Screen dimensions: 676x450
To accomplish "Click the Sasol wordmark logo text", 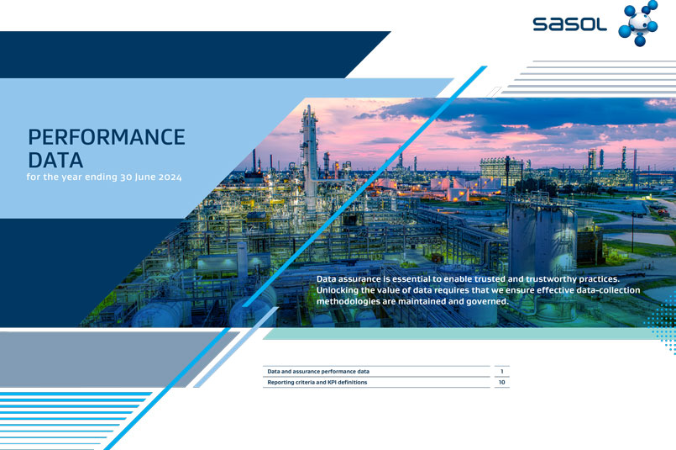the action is pos(569,24).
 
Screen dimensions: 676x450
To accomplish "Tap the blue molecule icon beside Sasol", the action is pos(638,23).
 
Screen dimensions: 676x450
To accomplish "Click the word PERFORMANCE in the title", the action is pos(107,137).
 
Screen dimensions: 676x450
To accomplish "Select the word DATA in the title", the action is pos(55,160).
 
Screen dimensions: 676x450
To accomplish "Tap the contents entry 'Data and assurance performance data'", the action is pos(318,372).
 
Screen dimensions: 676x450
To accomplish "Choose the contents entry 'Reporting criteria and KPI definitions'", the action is pos(317,382).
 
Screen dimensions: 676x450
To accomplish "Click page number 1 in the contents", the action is pos(502,372).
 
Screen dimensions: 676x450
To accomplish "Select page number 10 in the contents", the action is pos(502,382).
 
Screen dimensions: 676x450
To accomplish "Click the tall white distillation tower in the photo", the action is pos(310,156).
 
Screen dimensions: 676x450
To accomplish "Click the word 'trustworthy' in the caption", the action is pos(551,279).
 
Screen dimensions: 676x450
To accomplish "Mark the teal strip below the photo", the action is pos(461,333).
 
